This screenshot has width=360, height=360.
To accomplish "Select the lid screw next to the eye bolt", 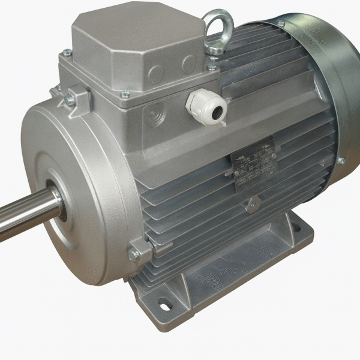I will coord(211,68).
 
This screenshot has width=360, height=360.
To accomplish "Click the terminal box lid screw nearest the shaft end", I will coord(67,53).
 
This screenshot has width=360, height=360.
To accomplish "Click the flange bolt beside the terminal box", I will coord(71,100).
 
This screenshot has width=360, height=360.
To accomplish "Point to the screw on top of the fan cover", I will coord(280,23).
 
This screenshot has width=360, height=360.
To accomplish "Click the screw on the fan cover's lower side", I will coord(340,160).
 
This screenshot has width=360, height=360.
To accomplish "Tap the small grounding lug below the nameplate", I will coord(250,206).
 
